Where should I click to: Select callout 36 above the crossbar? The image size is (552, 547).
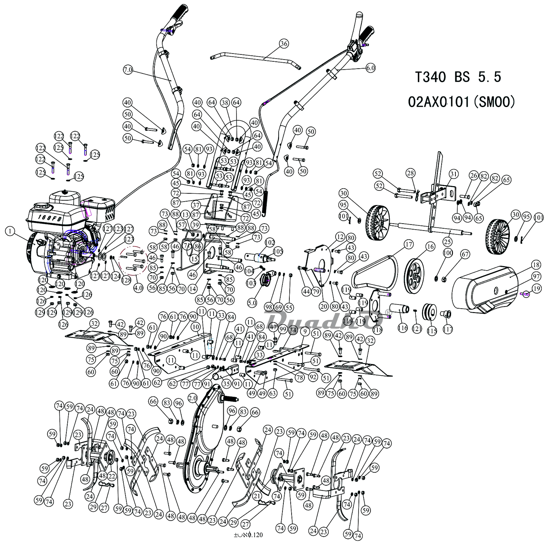(283, 43)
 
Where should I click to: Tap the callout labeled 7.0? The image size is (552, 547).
(129, 69)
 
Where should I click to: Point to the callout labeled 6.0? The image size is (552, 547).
(370, 68)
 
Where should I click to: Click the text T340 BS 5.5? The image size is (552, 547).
(458, 78)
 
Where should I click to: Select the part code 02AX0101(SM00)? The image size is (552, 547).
(461, 103)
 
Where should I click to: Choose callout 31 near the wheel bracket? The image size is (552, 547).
(453, 174)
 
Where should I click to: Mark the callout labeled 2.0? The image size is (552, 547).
(192, 397)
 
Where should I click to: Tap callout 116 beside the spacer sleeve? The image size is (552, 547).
(403, 328)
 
